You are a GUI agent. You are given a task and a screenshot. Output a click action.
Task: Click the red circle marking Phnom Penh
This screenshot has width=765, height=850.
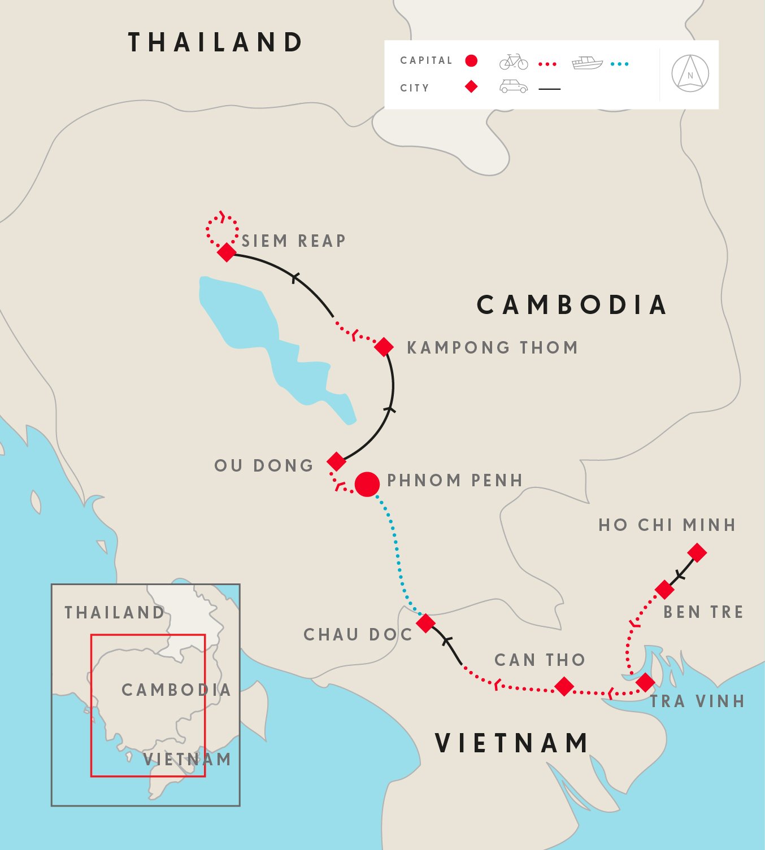367,484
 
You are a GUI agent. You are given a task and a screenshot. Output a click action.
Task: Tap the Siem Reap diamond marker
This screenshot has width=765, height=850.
227,252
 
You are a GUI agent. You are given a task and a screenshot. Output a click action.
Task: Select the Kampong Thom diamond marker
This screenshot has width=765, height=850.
384,347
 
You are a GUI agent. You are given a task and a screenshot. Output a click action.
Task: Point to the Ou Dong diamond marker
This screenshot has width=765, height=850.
336,461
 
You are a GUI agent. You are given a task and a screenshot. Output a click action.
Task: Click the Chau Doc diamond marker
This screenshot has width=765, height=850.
425,623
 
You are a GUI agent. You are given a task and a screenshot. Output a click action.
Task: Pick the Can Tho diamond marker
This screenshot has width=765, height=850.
564,686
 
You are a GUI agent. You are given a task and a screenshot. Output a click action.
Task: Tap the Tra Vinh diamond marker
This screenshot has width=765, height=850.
645,682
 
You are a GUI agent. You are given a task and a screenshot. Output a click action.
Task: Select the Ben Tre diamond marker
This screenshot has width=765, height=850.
664,590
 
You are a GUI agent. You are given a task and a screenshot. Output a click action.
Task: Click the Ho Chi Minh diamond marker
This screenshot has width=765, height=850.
697,552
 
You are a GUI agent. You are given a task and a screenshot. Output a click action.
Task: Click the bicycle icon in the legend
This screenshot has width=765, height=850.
514,62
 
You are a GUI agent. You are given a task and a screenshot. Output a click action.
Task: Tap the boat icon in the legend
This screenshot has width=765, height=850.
587,62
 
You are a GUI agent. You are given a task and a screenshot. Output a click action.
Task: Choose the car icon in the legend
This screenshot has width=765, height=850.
514,86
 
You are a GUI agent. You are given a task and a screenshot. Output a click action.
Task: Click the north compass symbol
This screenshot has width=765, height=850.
690,74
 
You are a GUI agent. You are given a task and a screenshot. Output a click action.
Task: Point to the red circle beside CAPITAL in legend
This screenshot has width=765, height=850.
471,61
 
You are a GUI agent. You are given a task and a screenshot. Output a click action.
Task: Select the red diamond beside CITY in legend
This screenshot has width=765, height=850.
471,86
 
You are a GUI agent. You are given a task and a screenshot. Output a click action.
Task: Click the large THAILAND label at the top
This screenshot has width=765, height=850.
216,43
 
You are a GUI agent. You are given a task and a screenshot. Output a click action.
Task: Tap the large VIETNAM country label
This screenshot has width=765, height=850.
512,743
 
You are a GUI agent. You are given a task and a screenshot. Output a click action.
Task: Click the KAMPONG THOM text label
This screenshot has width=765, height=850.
493,347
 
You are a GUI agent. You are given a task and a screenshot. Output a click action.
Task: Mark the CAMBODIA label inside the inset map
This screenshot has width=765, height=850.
176,690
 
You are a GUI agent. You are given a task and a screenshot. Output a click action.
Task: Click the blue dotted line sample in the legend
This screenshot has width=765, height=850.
619,64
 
